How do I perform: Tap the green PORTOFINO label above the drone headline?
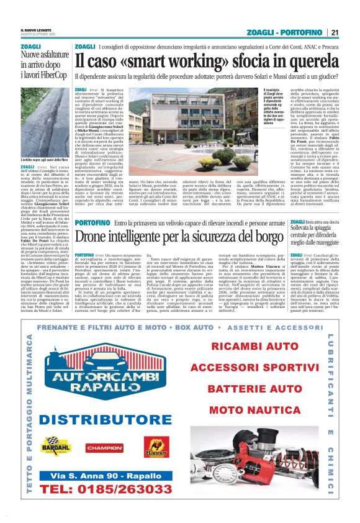click(92, 222)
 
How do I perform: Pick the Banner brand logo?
click(156, 446)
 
